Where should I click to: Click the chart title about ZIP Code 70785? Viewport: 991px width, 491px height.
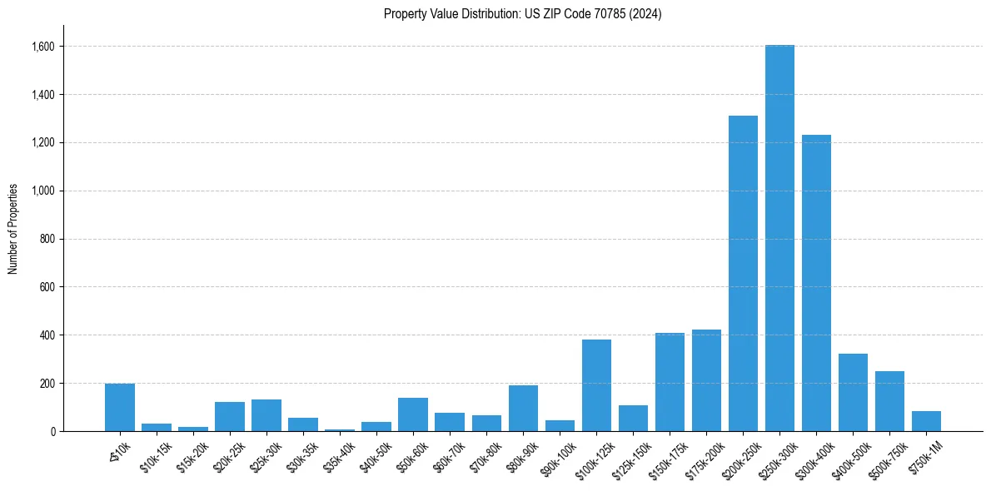tap(522, 14)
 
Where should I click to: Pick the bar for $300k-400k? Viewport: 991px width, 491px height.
tap(816, 283)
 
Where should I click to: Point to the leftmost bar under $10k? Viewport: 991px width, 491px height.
tap(120, 408)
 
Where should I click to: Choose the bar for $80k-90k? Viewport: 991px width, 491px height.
tap(523, 409)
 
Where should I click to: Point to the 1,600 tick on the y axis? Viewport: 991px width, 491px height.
tap(42, 47)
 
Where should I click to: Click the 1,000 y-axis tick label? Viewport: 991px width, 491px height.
tap(42, 191)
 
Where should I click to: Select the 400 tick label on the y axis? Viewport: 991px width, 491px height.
tap(47, 335)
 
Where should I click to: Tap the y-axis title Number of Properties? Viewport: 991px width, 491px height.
tap(13, 228)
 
